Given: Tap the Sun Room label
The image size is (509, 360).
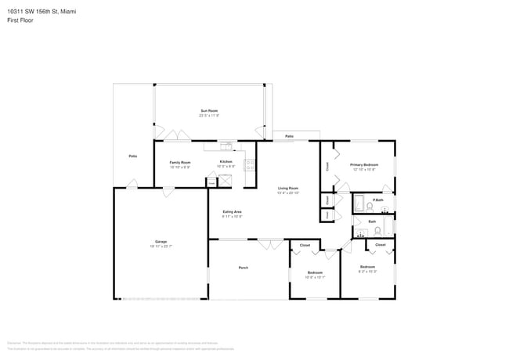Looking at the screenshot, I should [209, 113].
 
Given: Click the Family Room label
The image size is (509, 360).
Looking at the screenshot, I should [180, 164].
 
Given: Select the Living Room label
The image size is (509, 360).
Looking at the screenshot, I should [287, 189].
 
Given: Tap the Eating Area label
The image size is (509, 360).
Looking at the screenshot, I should [232, 213].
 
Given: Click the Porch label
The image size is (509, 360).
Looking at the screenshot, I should [244, 268].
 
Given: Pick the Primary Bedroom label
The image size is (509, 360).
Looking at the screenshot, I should [364, 166].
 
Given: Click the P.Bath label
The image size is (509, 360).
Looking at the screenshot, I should [378, 201].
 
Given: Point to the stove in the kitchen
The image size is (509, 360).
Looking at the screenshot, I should [250, 164].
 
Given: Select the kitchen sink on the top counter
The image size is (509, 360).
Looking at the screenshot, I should [226, 145].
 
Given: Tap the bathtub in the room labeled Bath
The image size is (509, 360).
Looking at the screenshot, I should [388, 228].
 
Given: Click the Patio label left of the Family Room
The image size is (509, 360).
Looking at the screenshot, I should [133, 157].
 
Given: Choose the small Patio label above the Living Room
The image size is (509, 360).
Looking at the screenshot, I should [289, 137].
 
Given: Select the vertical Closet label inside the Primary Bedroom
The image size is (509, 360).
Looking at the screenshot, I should [327, 166].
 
